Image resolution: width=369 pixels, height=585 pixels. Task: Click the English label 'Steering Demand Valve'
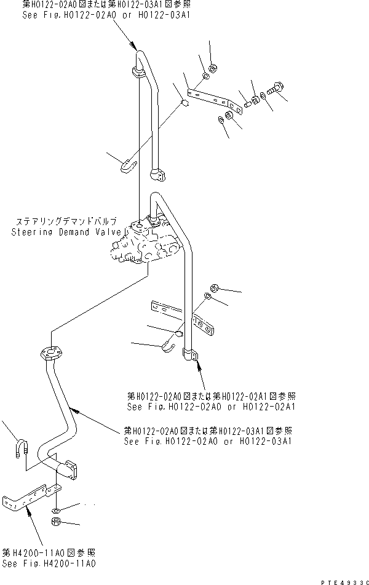68,232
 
